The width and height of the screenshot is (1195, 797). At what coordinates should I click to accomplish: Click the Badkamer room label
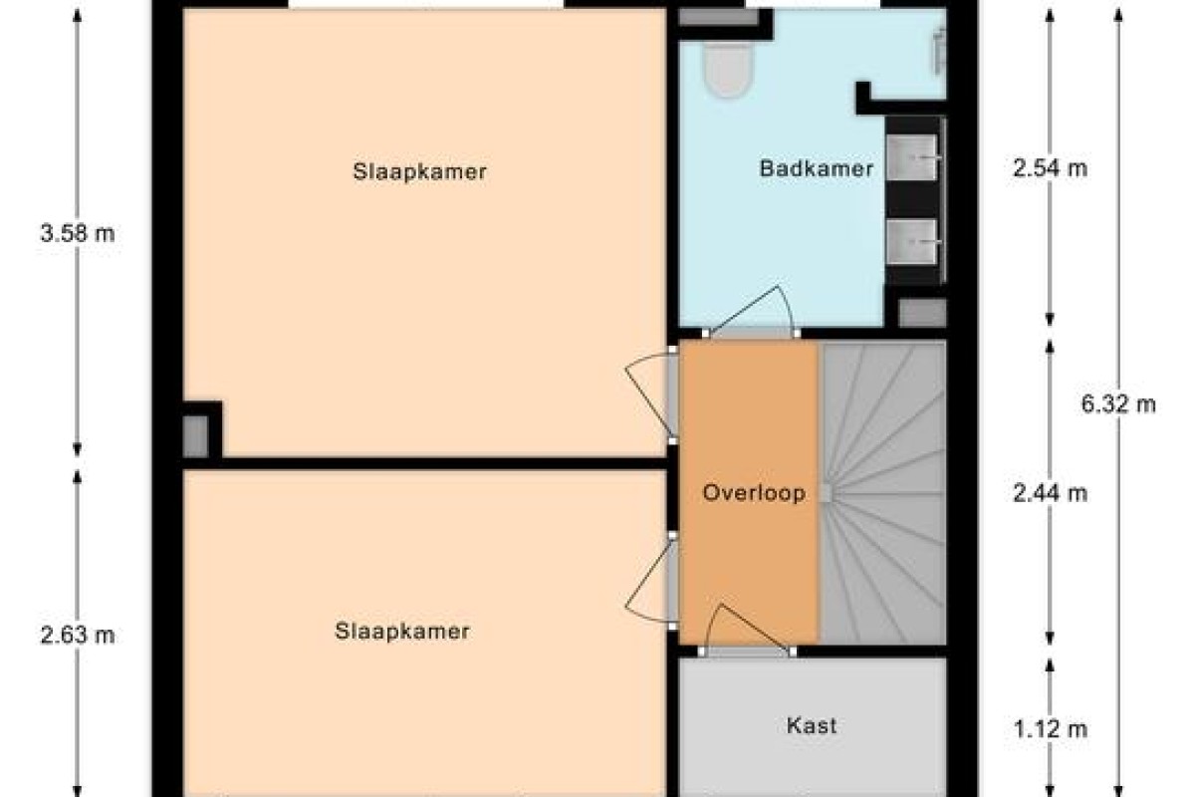click(817, 168)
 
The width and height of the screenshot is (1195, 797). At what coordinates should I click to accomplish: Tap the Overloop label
click(754, 493)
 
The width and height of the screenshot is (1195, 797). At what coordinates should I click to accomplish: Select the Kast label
click(812, 726)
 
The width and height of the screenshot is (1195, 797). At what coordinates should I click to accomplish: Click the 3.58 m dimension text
click(78, 233)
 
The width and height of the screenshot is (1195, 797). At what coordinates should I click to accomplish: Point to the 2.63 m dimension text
click(78, 636)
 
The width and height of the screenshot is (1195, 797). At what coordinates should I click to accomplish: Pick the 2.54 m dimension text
click(1050, 168)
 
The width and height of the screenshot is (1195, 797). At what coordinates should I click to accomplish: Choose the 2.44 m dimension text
click(1050, 493)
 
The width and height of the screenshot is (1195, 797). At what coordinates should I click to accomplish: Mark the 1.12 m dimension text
click(1050, 729)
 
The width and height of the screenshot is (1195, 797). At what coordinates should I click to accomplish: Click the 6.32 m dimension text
click(1118, 404)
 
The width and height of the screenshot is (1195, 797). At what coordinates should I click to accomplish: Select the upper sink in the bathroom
click(912, 157)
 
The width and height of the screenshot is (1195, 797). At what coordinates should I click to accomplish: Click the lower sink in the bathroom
click(912, 242)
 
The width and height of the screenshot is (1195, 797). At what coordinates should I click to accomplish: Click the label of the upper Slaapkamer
click(419, 172)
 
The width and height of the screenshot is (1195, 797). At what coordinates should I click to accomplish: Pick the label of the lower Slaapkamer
click(401, 632)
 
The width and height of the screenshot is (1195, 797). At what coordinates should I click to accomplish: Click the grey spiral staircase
click(882, 493)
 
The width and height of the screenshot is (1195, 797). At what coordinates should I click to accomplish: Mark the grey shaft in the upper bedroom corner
click(195, 436)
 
